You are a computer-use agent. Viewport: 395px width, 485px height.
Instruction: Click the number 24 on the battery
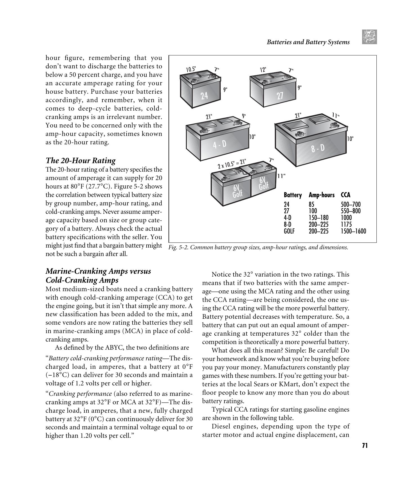pos(205,96)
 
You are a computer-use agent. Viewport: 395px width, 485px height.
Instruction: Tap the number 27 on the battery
pos(280,96)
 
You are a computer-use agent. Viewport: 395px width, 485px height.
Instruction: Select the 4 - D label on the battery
pos(219,145)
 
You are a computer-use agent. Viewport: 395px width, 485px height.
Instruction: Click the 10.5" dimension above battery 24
pos(191,69)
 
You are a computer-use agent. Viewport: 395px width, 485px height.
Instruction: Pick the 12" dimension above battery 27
pos(263,69)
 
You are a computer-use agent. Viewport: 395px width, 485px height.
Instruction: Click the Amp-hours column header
pos(322,195)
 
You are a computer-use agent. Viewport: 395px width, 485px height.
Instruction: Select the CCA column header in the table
pos(345,195)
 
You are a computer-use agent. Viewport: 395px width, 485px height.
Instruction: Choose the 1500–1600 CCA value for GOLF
pos(353,231)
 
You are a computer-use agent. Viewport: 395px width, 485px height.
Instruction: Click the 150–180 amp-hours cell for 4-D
pos(318,218)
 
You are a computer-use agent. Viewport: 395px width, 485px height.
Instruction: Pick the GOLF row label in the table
pos(289,231)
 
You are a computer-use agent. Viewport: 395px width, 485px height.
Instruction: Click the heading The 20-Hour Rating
pos(80,161)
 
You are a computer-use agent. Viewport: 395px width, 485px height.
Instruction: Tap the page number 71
pos(365,445)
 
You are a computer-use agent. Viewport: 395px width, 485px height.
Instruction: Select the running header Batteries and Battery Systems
pos(308,42)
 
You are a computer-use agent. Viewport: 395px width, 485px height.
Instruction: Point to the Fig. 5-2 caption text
pos(258,248)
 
